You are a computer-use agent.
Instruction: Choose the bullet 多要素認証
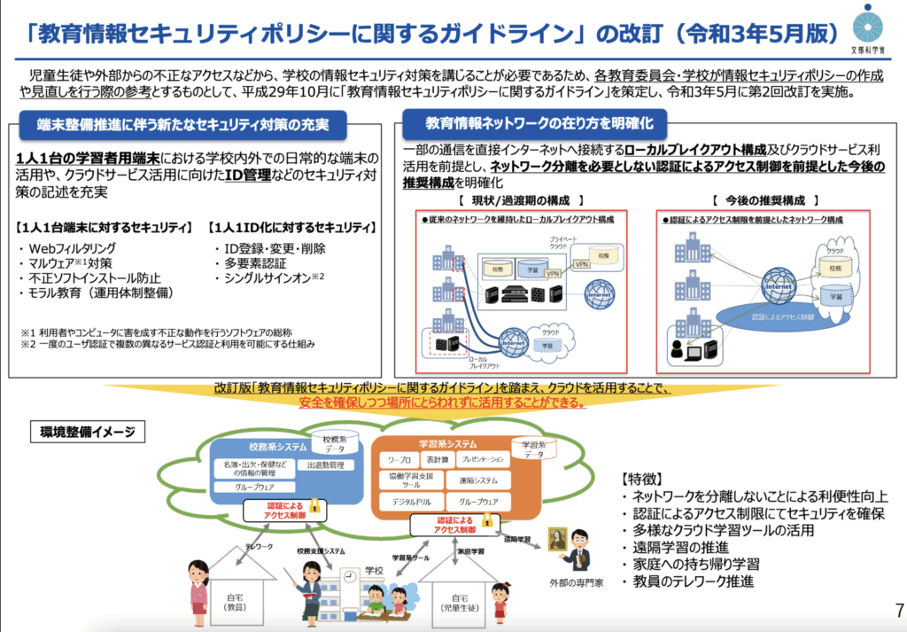251,263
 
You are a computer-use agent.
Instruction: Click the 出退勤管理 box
324,464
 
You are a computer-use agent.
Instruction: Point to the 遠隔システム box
478,481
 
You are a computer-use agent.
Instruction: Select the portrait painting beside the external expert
557,541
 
